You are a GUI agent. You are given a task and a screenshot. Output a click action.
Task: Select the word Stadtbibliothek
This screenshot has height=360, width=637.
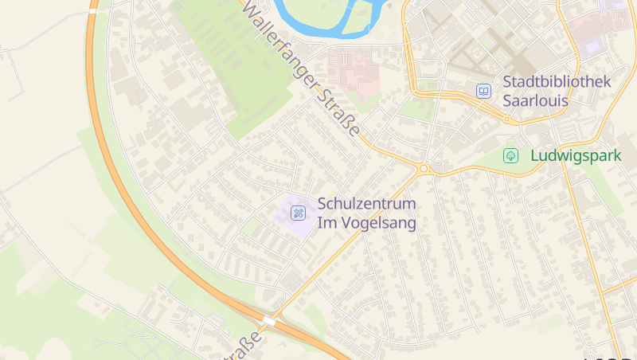coord(557,82)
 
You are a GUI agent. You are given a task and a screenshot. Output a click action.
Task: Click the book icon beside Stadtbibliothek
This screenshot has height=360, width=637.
coord(483,92)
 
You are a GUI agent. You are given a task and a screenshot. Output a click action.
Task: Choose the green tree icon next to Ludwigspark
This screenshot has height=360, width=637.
coord(510,156)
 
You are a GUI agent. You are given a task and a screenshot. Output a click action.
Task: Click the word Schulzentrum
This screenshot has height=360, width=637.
coord(365,204)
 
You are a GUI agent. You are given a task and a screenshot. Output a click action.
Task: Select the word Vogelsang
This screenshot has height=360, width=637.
coord(379,223)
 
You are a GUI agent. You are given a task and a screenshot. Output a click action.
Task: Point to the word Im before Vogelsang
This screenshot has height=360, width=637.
coord(327,223)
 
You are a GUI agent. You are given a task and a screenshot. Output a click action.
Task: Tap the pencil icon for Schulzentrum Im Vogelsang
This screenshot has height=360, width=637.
coord(298,213)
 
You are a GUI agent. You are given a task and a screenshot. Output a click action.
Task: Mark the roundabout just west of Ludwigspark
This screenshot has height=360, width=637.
coord(424,169)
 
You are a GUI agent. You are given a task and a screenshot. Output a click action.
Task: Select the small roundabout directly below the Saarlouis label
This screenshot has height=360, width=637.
coord(506,120)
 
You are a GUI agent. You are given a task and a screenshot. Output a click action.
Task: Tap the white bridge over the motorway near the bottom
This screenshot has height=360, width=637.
coord(268,321)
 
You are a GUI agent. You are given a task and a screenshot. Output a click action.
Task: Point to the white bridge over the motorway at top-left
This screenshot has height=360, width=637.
coord(93,12)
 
